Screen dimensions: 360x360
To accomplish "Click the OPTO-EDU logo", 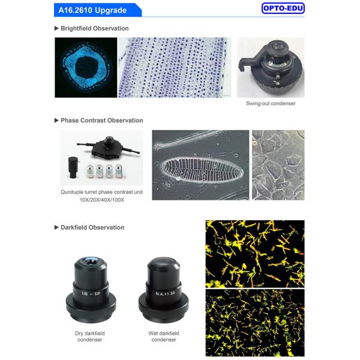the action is pos(283,8).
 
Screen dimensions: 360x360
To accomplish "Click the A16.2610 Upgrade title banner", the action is pos(98,10).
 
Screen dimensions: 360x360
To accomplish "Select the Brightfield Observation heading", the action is pos(94,28).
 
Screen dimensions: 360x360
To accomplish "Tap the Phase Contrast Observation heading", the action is pos(102,121).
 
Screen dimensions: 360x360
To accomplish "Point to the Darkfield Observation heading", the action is pos(92,227).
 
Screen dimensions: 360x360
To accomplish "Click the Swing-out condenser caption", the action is pos(271,104).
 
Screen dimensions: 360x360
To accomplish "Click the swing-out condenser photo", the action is pos(271,67).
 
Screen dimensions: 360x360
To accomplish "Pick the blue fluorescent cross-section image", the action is pos(86,67).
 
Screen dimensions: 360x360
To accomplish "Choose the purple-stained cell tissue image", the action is pos(175,67).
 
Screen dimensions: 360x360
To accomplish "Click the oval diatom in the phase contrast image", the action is pos(203,169).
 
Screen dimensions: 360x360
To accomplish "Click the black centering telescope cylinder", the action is pos(73,167).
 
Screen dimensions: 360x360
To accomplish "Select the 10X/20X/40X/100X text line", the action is pos(102,200).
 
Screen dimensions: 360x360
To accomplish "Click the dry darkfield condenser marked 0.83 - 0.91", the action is pos(91,290).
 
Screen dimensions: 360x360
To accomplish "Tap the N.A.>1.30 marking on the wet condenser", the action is pos(165,293).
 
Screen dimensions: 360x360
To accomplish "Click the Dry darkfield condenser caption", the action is pos(90,337).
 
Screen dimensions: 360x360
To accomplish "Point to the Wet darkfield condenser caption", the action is pos(164,337).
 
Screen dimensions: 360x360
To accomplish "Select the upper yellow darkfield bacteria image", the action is pos(255,254).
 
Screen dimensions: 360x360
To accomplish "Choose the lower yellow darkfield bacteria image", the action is pos(255,323).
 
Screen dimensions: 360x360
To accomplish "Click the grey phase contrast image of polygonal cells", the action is pos(278,165).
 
